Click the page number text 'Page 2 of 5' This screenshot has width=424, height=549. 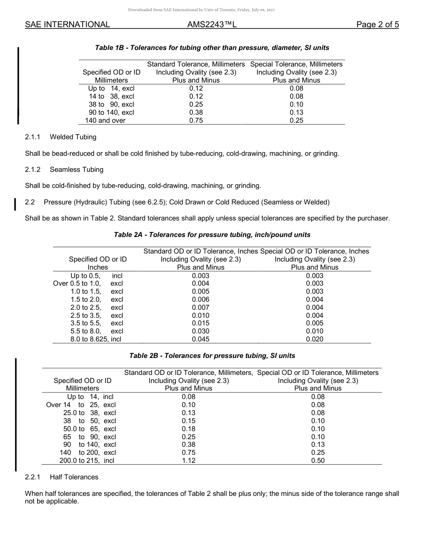click(x=378, y=25)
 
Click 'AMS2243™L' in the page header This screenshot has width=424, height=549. click(x=212, y=25)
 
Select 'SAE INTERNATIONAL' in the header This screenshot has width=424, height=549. click(x=67, y=25)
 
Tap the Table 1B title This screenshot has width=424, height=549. click(x=212, y=47)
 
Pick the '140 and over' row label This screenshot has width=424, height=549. click(x=105, y=121)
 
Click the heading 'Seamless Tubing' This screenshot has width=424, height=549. click(x=76, y=170)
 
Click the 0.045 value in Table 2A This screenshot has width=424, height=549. click(x=200, y=339)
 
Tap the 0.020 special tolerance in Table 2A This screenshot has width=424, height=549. click(x=315, y=339)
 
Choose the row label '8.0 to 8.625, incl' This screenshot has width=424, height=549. click(x=96, y=339)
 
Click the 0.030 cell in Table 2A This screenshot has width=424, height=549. click(x=200, y=331)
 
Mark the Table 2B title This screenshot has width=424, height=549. click(x=212, y=356)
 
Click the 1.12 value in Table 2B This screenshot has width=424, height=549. click(x=188, y=461)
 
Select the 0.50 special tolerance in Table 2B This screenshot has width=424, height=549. click(x=318, y=461)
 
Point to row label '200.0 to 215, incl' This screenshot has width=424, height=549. click(x=87, y=461)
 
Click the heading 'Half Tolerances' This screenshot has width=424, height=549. click(x=74, y=477)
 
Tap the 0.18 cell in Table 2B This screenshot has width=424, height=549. click(x=188, y=429)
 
